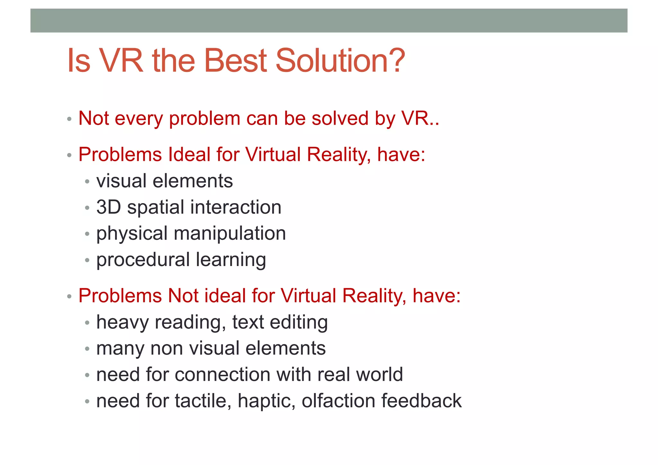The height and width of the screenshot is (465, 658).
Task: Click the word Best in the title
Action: point(235,60)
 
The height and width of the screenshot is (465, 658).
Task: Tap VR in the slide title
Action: point(121,60)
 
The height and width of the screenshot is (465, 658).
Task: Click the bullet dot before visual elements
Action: point(87,182)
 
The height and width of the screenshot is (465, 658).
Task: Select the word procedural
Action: point(143,260)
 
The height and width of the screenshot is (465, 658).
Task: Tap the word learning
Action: point(231,260)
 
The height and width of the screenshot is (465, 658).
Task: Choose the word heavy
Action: point(122,322)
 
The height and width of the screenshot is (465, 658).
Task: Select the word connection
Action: point(223,375)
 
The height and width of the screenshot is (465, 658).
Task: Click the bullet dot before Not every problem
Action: point(69,120)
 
